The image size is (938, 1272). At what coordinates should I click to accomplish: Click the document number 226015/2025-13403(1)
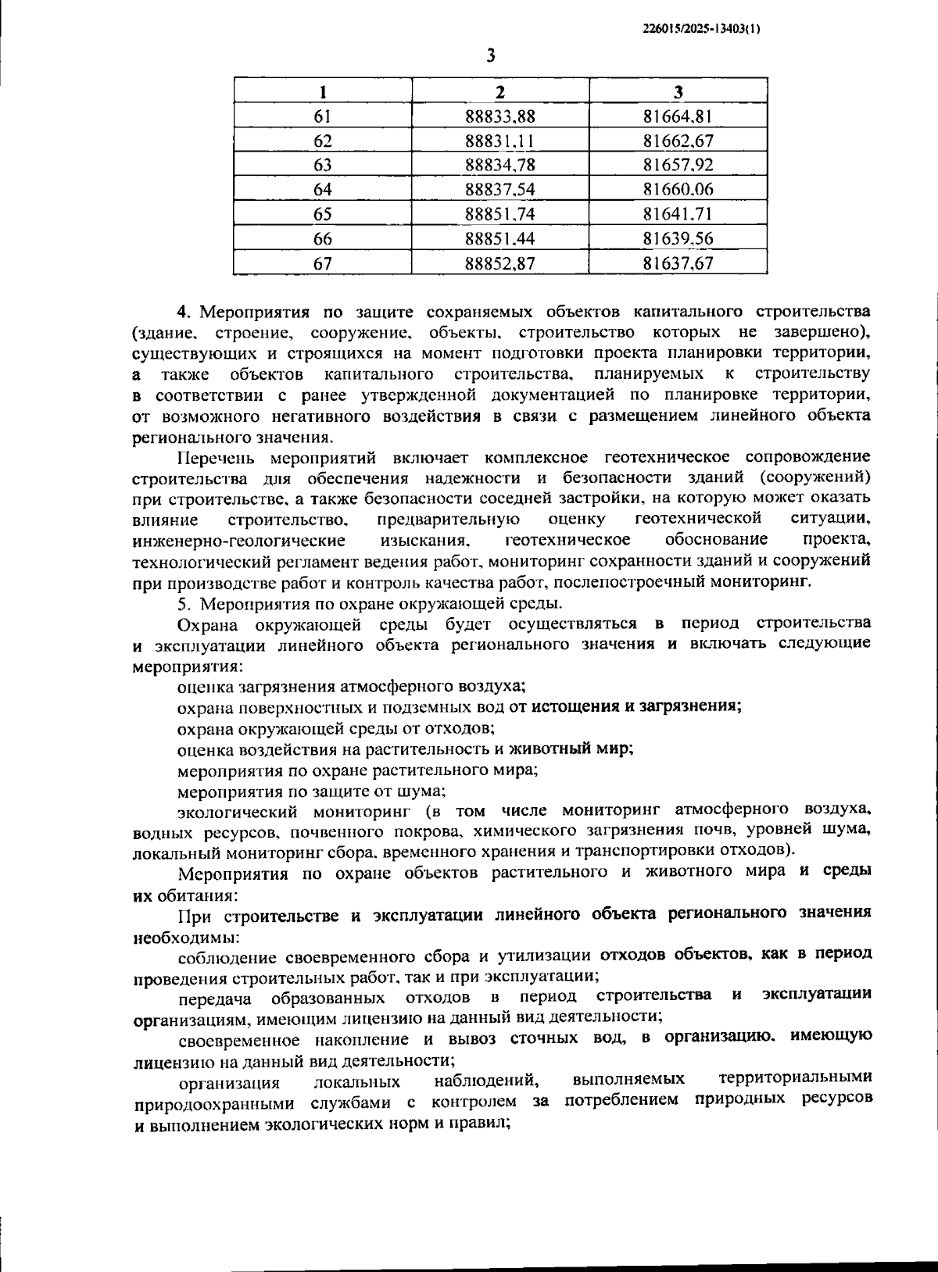[x=701, y=29]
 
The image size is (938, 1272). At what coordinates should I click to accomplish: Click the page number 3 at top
[x=491, y=55]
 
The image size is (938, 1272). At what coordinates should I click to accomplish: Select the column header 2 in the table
[x=500, y=91]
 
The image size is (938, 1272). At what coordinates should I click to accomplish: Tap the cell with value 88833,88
[x=500, y=116]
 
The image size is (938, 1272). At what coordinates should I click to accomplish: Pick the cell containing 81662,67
[x=678, y=141]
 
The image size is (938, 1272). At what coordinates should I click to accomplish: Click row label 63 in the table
[x=322, y=166]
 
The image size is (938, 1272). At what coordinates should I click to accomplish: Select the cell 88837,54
[x=500, y=190]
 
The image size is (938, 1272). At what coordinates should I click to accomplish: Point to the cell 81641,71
[x=678, y=214]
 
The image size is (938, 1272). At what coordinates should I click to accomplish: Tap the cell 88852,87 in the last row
[x=500, y=263]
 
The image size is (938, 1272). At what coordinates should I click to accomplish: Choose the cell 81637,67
[x=678, y=263]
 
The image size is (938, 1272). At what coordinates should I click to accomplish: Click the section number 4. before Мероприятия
[x=184, y=313]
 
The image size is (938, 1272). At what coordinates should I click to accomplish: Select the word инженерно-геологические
[x=239, y=541]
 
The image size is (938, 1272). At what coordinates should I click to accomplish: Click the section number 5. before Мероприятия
[x=184, y=603]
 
